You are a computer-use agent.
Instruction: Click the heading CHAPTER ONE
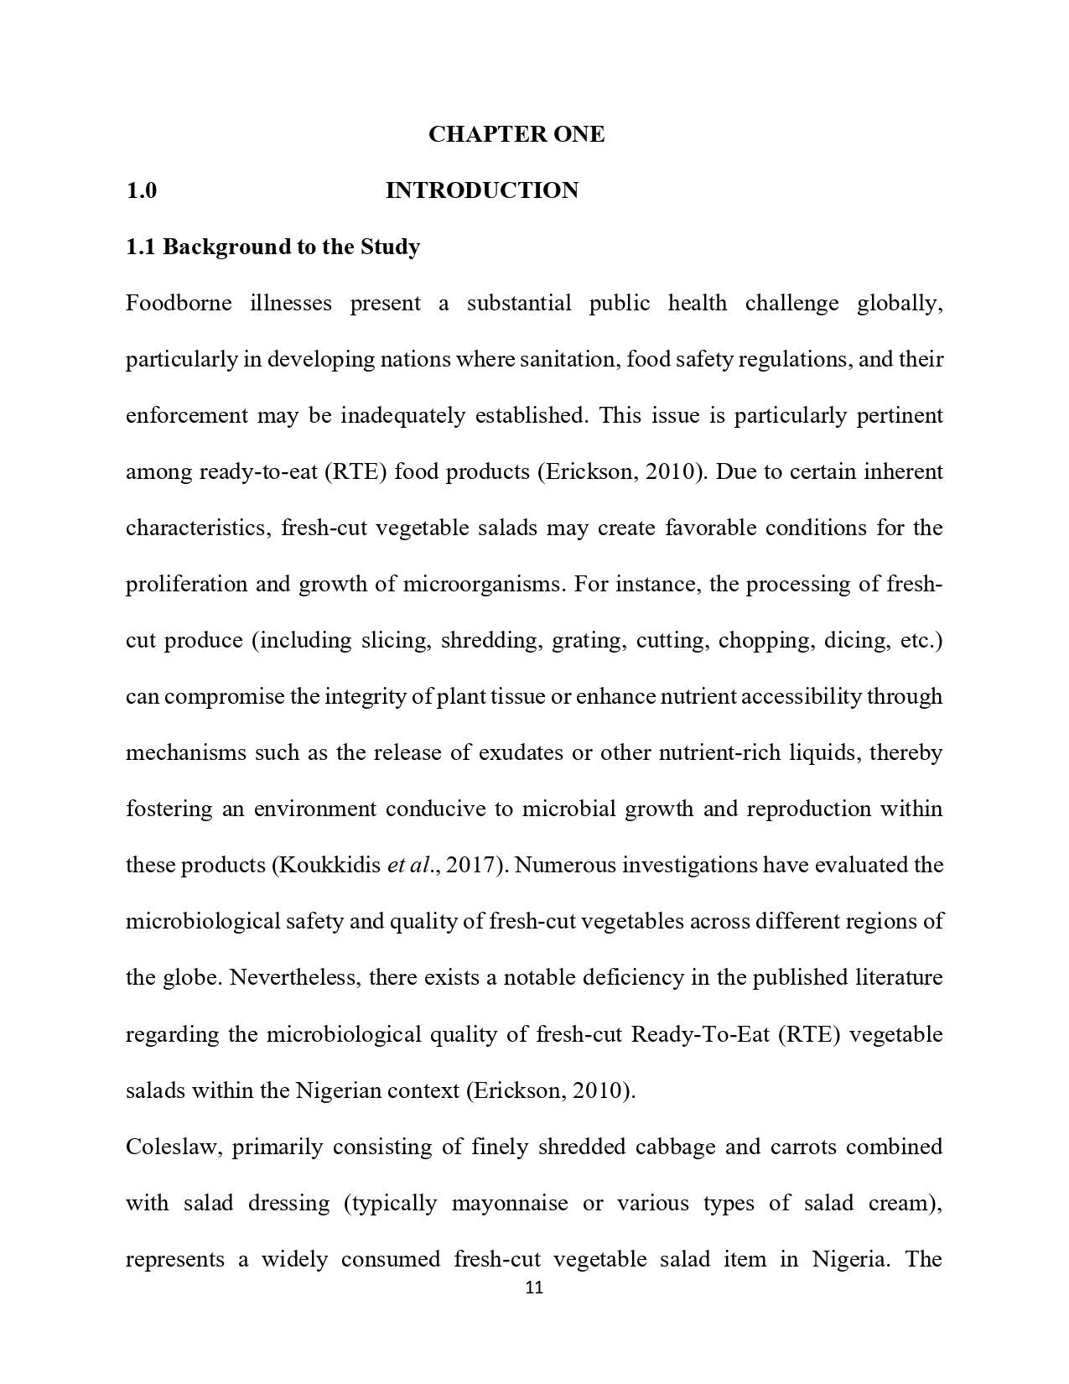(516, 134)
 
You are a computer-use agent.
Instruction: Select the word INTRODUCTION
(481, 190)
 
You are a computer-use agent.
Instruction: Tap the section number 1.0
(141, 190)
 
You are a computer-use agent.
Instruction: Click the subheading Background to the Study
(291, 247)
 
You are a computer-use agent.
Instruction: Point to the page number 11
(534, 1288)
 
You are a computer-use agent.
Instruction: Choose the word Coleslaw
(173, 1147)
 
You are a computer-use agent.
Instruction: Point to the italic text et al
(408, 865)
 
